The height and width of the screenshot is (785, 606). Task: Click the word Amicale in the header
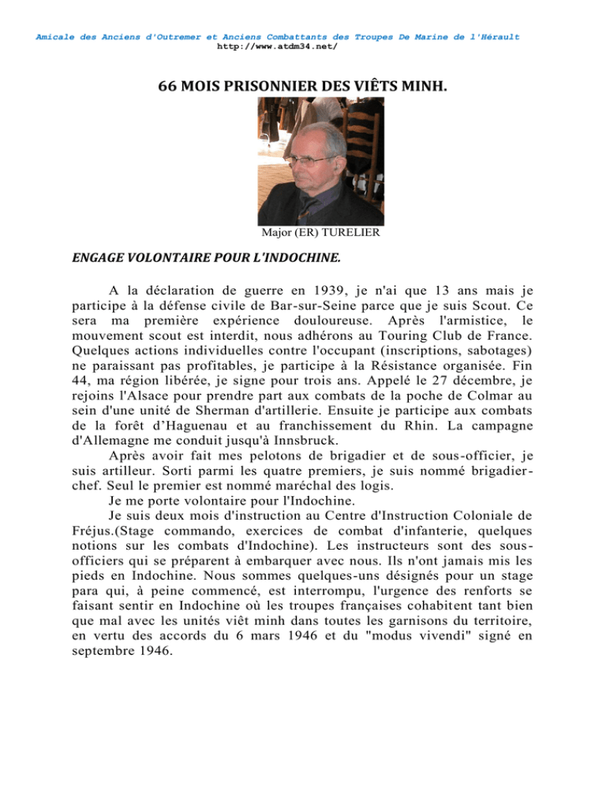point(56,36)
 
